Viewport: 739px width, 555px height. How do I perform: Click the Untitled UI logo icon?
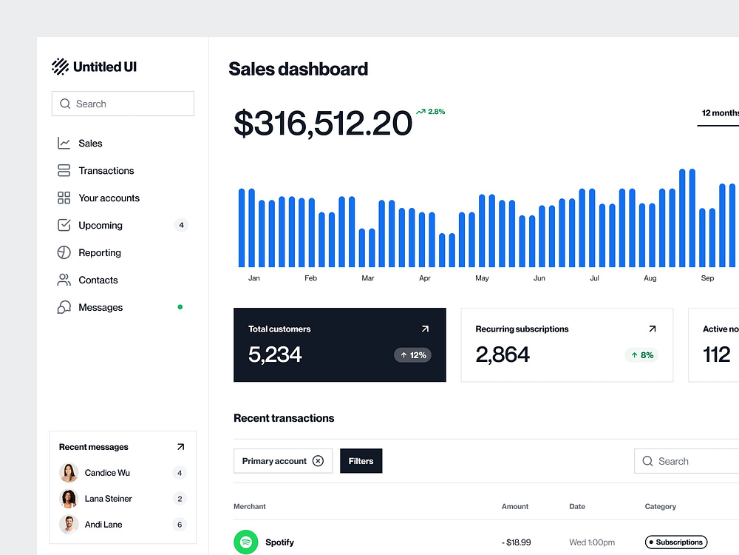click(60, 67)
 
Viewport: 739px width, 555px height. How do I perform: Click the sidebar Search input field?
click(123, 104)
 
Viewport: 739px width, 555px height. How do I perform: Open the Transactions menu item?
click(106, 171)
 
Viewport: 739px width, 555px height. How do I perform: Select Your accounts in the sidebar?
click(109, 198)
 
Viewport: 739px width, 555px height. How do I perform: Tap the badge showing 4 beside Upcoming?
click(181, 225)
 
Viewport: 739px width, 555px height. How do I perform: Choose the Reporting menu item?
click(100, 253)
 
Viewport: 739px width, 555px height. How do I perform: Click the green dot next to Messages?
click(180, 306)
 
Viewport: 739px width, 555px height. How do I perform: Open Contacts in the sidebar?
click(98, 280)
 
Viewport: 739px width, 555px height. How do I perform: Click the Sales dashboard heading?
click(298, 70)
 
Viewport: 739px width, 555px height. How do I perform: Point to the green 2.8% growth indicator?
click(430, 112)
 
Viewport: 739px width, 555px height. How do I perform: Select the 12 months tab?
click(719, 113)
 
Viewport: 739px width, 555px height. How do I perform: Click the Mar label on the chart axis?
click(367, 278)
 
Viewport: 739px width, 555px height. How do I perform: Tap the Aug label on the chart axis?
click(650, 278)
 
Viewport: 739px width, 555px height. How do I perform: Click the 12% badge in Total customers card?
click(412, 355)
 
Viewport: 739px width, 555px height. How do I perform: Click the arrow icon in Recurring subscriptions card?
click(652, 329)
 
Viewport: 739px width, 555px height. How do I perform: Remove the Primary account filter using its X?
click(318, 461)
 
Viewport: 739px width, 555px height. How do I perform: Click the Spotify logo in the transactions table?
click(245, 542)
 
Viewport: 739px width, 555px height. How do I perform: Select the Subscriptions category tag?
click(675, 542)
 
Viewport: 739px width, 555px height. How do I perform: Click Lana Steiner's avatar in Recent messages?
click(69, 499)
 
